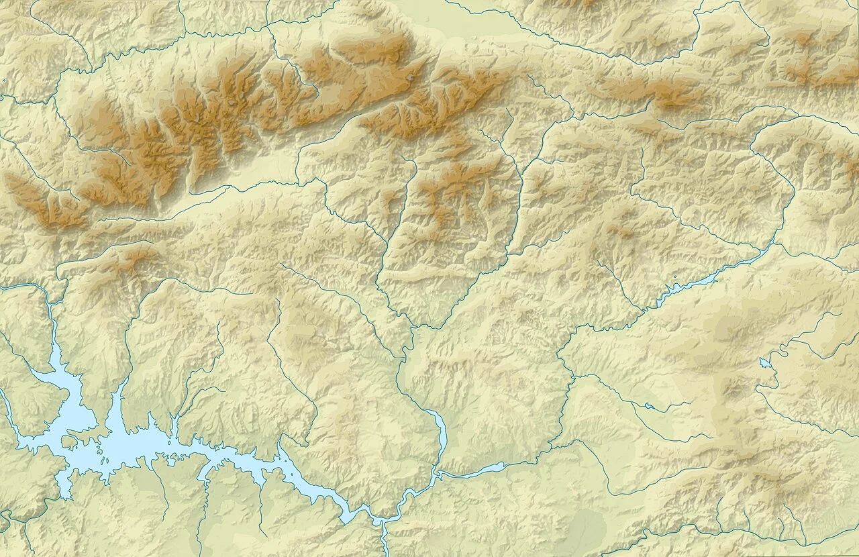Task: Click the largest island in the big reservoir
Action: [x=69, y=441]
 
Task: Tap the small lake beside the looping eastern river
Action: [x=765, y=363]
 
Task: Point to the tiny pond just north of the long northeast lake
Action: [x=674, y=276]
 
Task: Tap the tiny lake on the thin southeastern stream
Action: [x=648, y=405]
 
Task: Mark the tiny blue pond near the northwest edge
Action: [x=4, y=80]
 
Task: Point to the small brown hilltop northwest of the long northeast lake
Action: [x=621, y=232]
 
